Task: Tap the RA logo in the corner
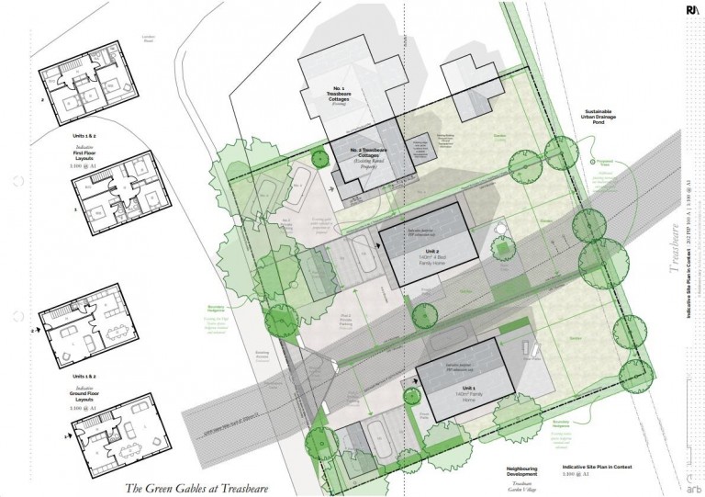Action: click(x=692, y=10)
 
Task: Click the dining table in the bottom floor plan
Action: click(x=120, y=448)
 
